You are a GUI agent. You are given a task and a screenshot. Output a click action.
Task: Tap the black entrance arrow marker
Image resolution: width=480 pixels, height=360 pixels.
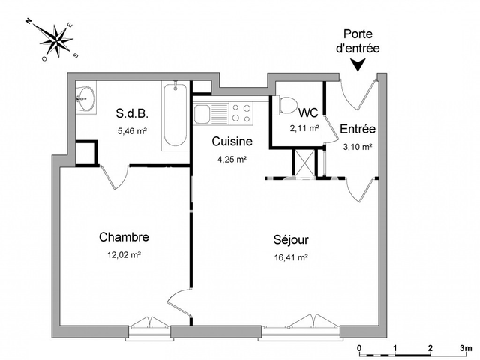click(x=360, y=66)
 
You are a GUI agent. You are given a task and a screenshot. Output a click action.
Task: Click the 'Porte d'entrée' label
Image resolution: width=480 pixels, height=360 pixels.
click(x=361, y=40)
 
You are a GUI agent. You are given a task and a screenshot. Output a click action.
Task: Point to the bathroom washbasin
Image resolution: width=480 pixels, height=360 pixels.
click(x=85, y=97)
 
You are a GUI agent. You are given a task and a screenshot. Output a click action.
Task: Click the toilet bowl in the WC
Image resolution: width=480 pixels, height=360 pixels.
click(x=285, y=106)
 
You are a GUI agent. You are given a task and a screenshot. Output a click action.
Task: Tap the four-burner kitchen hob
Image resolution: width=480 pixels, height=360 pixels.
click(x=241, y=113)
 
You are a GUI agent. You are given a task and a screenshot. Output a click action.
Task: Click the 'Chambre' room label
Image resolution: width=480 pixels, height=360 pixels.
click(x=124, y=237)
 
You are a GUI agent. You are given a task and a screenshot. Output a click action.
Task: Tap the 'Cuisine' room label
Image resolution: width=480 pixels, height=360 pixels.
click(x=231, y=142)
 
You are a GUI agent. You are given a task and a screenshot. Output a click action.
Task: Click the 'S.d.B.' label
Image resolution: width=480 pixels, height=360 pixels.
click(x=132, y=114)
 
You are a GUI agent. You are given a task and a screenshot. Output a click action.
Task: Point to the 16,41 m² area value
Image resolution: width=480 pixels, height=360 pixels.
click(x=292, y=257)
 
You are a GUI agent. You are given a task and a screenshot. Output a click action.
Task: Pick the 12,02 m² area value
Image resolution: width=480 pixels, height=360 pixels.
click(x=124, y=254)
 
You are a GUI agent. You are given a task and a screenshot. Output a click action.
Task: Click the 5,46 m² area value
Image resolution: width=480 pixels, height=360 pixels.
click(x=131, y=131)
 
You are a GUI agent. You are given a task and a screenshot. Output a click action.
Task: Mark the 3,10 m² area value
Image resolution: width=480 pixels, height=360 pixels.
click(x=358, y=147)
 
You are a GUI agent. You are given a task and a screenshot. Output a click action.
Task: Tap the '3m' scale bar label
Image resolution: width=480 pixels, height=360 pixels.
click(x=466, y=349)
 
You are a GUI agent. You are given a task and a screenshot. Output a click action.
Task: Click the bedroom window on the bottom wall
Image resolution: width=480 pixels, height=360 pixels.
click(x=149, y=324)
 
